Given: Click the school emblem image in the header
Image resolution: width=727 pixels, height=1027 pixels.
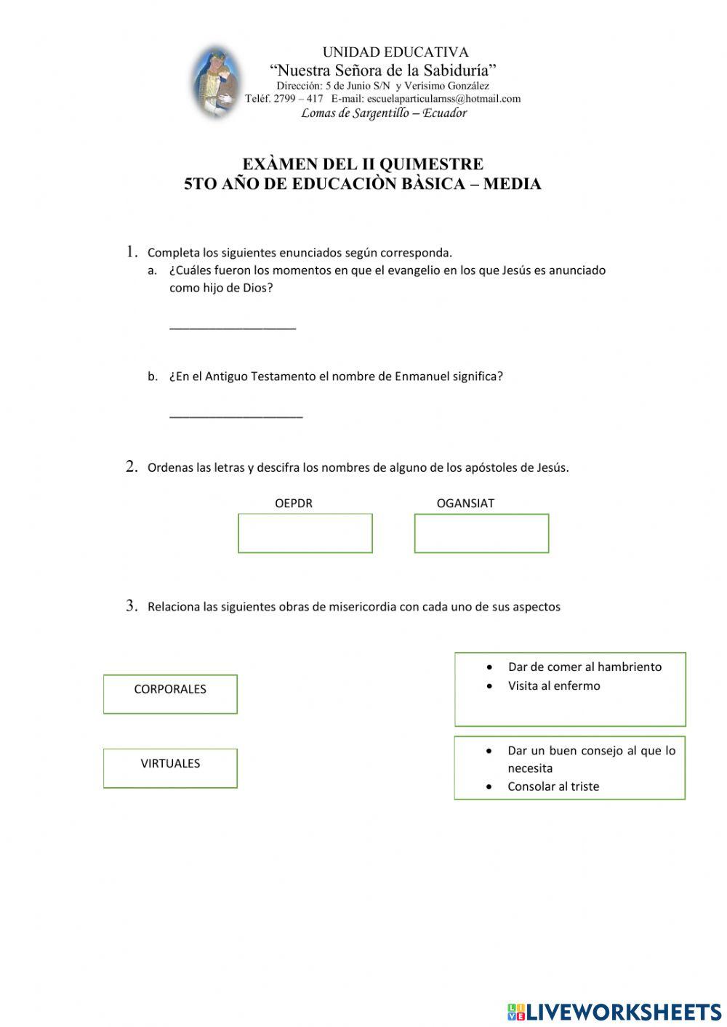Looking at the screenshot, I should [x=216, y=81].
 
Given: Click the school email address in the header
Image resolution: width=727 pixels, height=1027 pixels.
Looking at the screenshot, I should [x=443, y=99].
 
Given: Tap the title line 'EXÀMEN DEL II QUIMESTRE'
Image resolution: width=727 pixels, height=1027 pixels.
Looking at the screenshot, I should [x=363, y=164].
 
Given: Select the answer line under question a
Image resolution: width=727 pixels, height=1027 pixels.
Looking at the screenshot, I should [x=233, y=328].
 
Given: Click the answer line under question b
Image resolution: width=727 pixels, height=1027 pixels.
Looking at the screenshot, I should [x=236, y=416].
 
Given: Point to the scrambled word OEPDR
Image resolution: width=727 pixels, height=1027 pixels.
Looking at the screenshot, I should [x=294, y=503].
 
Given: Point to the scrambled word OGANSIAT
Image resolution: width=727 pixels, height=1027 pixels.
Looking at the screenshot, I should [x=465, y=503].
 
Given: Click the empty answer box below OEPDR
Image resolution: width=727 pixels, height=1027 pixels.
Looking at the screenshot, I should [x=305, y=533].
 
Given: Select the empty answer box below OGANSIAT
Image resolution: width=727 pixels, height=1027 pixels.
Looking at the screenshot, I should [x=481, y=533].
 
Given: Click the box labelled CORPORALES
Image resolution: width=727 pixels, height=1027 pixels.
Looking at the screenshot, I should [x=170, y=693].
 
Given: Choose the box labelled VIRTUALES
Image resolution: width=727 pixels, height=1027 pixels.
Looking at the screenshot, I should [x=170, y=768].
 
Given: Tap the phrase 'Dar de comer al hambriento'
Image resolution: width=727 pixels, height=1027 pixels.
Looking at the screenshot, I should [x=585, y=666].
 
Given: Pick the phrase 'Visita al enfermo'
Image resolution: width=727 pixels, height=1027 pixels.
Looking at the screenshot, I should [x=554, y=685].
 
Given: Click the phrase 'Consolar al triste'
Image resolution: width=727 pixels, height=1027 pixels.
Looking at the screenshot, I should [x=553, y=786].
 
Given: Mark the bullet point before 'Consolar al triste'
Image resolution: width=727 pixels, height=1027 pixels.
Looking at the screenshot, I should [x=491, y=786].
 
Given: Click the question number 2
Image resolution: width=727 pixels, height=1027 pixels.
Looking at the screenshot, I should [x=132, y=467].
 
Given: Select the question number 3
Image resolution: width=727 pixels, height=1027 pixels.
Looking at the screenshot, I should [x=132, y=605].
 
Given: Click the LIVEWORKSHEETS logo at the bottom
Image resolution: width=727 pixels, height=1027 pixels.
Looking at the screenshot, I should [x=614, y=1011].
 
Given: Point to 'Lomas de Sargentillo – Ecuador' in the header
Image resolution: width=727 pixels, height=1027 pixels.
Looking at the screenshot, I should [x=384, y=113].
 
